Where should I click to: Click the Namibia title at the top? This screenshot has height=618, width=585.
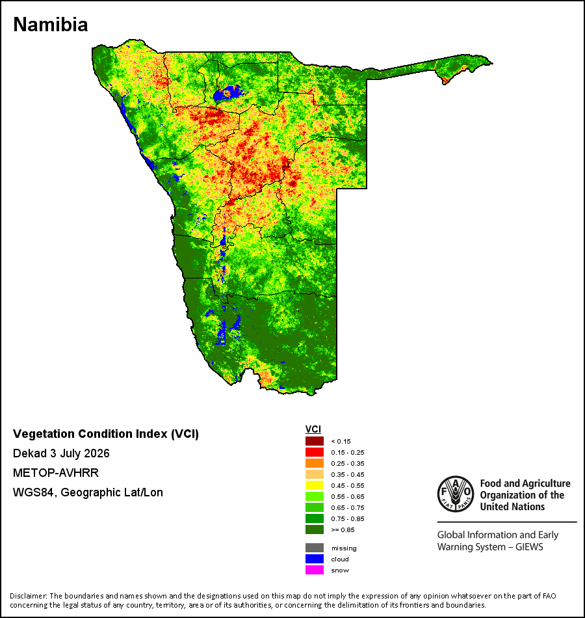click(51, 25)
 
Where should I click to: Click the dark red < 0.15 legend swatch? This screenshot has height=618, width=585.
click(315, 441)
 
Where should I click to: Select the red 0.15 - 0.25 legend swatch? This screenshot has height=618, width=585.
click(315, 452)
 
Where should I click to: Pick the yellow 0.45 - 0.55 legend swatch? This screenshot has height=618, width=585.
click(315, 485)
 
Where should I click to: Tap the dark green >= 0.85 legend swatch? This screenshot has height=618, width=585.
click(315, 530)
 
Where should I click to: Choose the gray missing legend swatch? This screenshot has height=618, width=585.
click(315, 548)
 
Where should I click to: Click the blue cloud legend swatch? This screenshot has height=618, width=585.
click(315, 559)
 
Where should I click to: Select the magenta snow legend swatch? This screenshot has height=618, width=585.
click(315, 570)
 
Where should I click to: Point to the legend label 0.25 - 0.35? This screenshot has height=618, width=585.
click(348, 463)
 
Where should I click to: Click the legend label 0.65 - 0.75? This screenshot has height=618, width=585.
click(348, 507)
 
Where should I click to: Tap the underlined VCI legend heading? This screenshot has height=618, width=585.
click(313, 429)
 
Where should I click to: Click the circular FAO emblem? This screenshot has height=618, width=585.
click(456, 494)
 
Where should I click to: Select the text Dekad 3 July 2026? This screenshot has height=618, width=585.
click(61, 453)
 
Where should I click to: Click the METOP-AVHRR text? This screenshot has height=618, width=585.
click(56, 472)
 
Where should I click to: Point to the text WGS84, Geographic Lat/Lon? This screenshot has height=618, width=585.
click(88, 492)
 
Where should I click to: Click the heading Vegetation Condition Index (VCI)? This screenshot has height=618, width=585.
click(106, 434)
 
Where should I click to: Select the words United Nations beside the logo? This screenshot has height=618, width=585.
click(512, 507)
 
